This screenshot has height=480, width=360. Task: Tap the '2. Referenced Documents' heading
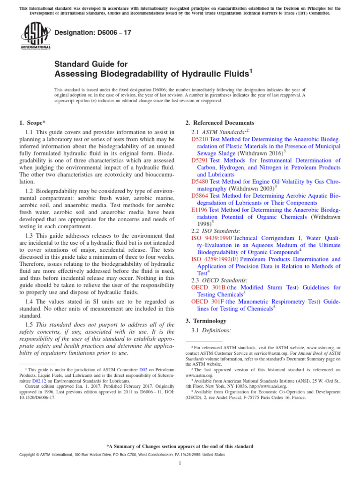pos(220,123)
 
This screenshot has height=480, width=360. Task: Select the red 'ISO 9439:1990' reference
pos(211,238)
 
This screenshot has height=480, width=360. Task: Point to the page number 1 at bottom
pos(180,464)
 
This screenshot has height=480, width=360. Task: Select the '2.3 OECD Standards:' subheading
pos(217,280)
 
